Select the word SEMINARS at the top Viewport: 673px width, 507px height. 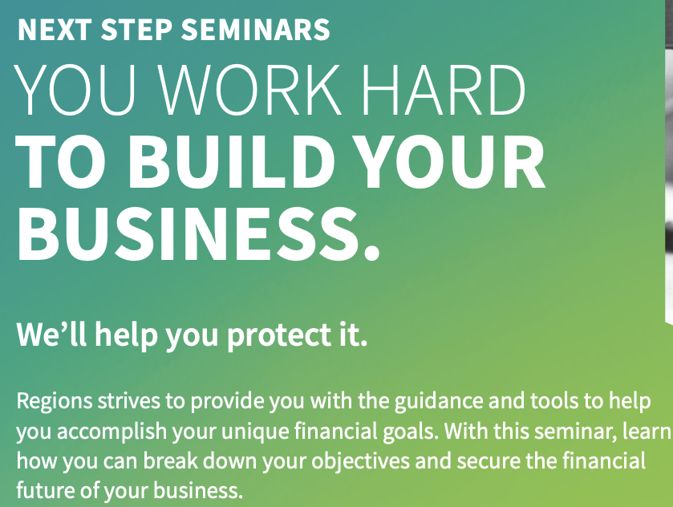(256, 30)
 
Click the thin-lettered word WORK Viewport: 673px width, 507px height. (252, 90)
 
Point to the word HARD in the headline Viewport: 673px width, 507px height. (444, 90)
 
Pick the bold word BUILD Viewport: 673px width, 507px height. (232, 162)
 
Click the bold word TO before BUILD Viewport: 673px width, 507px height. (61, 162)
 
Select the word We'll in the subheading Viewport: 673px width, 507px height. (51, 334)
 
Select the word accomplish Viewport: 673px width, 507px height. (111, 432)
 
